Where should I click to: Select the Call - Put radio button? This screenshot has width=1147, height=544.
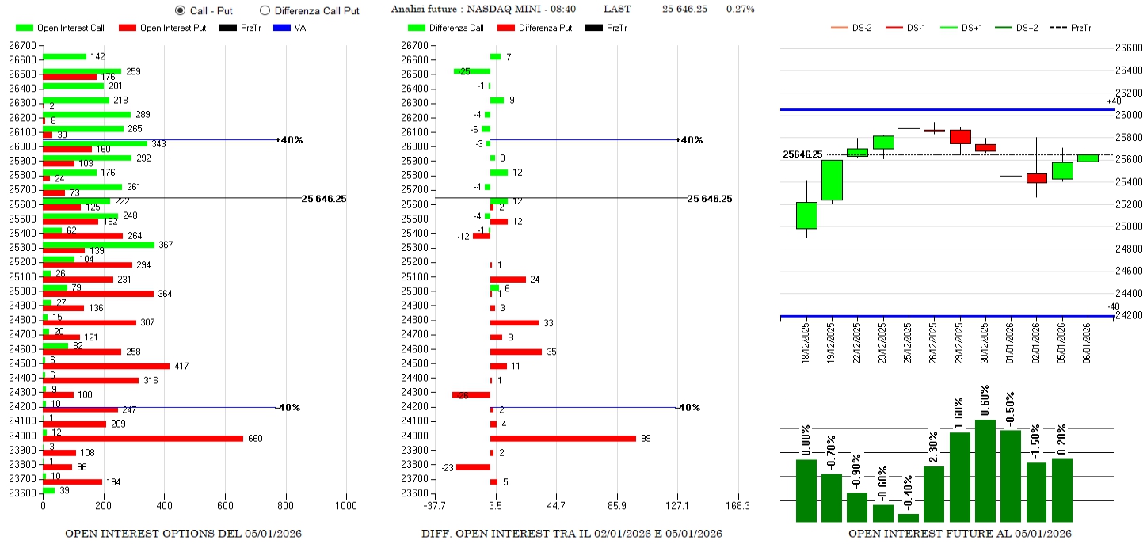(x=180, y=10)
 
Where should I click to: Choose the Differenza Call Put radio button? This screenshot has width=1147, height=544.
(x=265, y=10)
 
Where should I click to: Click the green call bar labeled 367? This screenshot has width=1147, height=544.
(x=98, y=245)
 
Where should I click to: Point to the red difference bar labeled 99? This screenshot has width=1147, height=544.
(x=562, y=438)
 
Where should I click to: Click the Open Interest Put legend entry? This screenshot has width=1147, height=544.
(x=162, y=29)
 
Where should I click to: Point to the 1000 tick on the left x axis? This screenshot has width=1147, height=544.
(x=346, y=506)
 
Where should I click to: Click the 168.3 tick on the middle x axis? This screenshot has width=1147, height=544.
(x=737, y=506)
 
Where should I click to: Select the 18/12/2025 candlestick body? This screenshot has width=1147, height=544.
(x=806, y=215)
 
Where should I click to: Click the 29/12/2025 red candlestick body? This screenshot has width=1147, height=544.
(x=960, y=137)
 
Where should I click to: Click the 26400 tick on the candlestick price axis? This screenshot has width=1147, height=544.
(x=1126, y=70)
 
